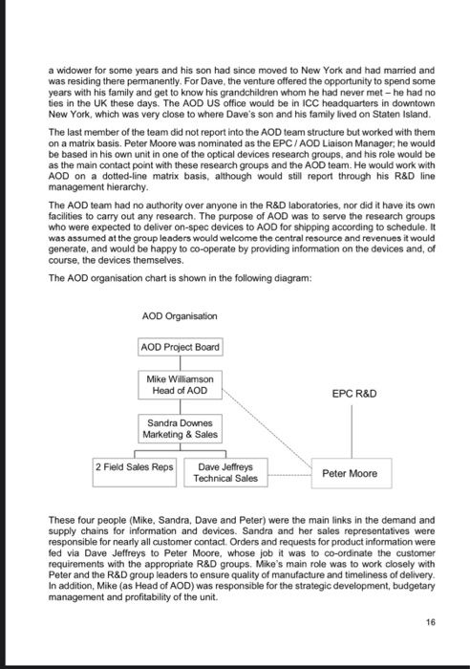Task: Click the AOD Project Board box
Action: tap(182, 346)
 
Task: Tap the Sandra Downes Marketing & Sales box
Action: tap(182, 428)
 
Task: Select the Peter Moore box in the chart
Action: tap(349, 472)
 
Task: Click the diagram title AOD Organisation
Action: tap(180, 315)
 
